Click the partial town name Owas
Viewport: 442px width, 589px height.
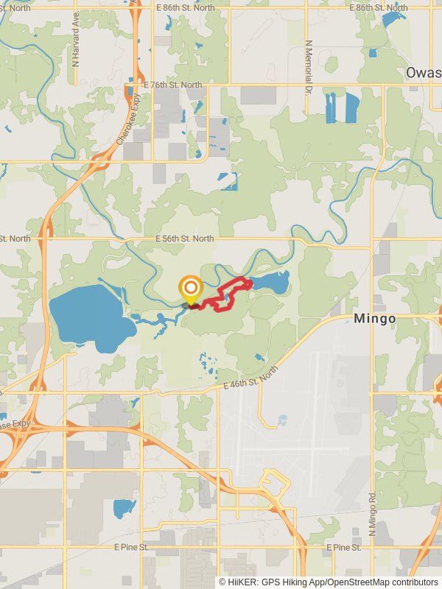coord(423,73)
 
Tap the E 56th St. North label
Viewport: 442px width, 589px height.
coord(184,239)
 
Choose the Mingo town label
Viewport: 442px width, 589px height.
coord(374,319)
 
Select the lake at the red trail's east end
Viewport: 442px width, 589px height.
coord(270,281)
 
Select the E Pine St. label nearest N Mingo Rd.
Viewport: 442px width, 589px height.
coord(344,548)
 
